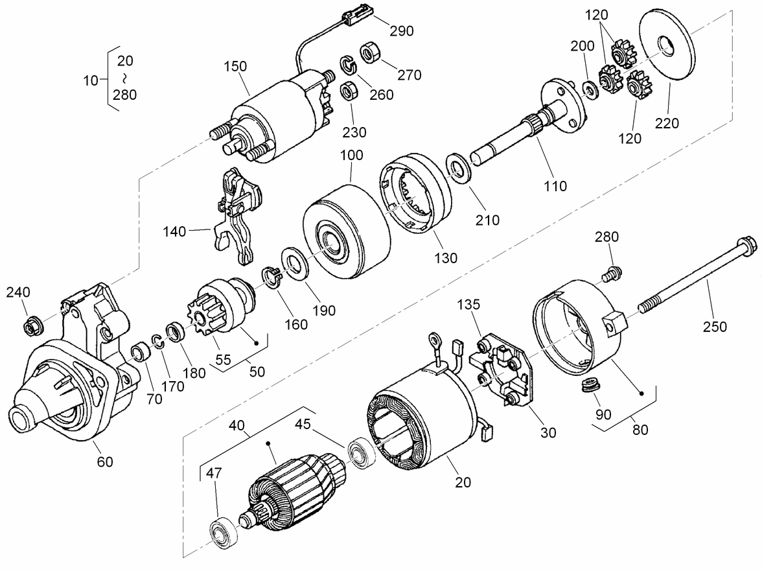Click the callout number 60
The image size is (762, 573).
(105, 462)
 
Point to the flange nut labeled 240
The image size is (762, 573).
(31, 325)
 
